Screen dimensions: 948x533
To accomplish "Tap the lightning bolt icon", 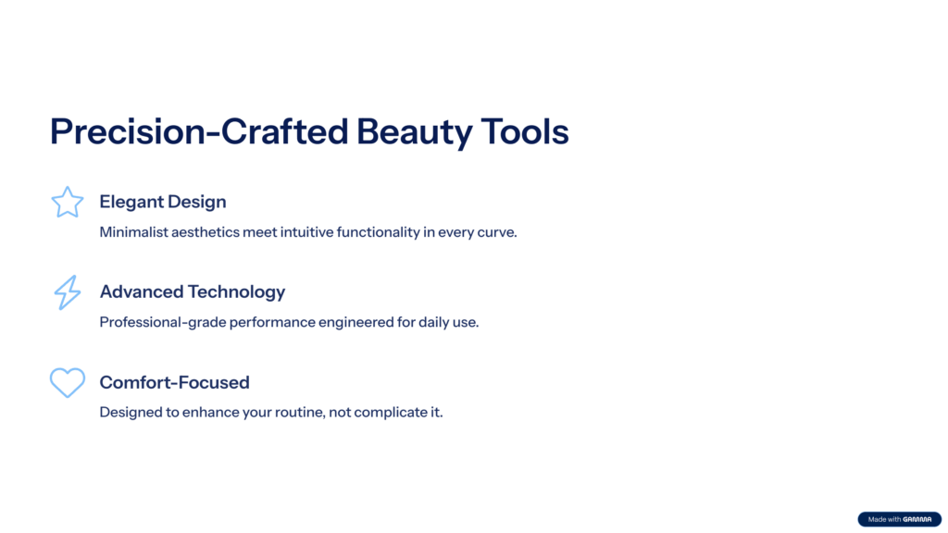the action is [x=67, y=292].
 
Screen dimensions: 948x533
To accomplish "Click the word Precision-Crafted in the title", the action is [x=199, y=131].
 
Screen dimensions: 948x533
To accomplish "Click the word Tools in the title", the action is [x=525, y=131].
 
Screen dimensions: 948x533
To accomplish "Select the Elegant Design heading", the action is [x=163, y=202].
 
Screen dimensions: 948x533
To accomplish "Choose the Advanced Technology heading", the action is [x=193, y=291].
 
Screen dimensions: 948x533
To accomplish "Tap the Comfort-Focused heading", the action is [x=174, y=382].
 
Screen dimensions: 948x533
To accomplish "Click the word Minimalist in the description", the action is [x=133, y=232].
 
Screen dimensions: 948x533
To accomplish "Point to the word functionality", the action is [x=378, y=232].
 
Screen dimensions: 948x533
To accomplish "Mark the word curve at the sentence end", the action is [x=497, y=232].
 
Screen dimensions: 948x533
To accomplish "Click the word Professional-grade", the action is [x=162, y=322].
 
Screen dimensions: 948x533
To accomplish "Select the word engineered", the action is [x=355, y=323].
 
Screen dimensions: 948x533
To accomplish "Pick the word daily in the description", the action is [x=433, y=322].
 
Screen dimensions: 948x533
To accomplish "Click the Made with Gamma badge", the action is [x=899, y=519].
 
